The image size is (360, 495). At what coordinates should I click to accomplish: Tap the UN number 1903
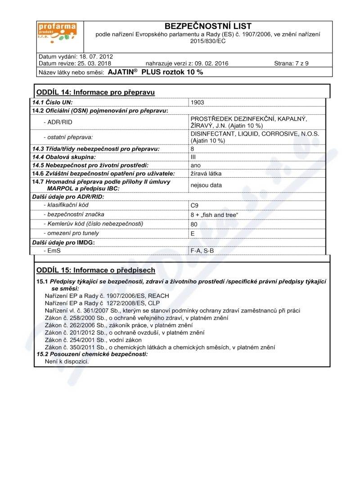point(197,103)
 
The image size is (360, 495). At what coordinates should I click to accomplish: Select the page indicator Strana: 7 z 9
point(291,63)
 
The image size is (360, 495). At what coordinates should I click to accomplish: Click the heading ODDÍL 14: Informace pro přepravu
point(95,92)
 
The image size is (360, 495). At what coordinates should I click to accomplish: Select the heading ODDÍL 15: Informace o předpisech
point(95,270)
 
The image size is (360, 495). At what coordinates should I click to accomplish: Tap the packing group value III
point(193,157)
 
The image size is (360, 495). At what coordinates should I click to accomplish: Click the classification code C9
point(194,205)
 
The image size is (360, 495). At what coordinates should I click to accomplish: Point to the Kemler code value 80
point(194,224)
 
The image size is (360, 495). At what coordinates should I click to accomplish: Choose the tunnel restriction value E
point(193,234)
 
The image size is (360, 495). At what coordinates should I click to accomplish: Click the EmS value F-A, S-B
point(202,251)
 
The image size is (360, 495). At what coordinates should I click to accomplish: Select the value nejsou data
point(206,185)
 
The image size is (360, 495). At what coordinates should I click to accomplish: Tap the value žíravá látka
point(206,174)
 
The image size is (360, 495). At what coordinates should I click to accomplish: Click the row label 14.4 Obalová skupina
point(63,157)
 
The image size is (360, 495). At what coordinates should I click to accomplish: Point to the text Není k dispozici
point(67,361)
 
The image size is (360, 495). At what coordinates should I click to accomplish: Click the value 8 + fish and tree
point(214,215)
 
